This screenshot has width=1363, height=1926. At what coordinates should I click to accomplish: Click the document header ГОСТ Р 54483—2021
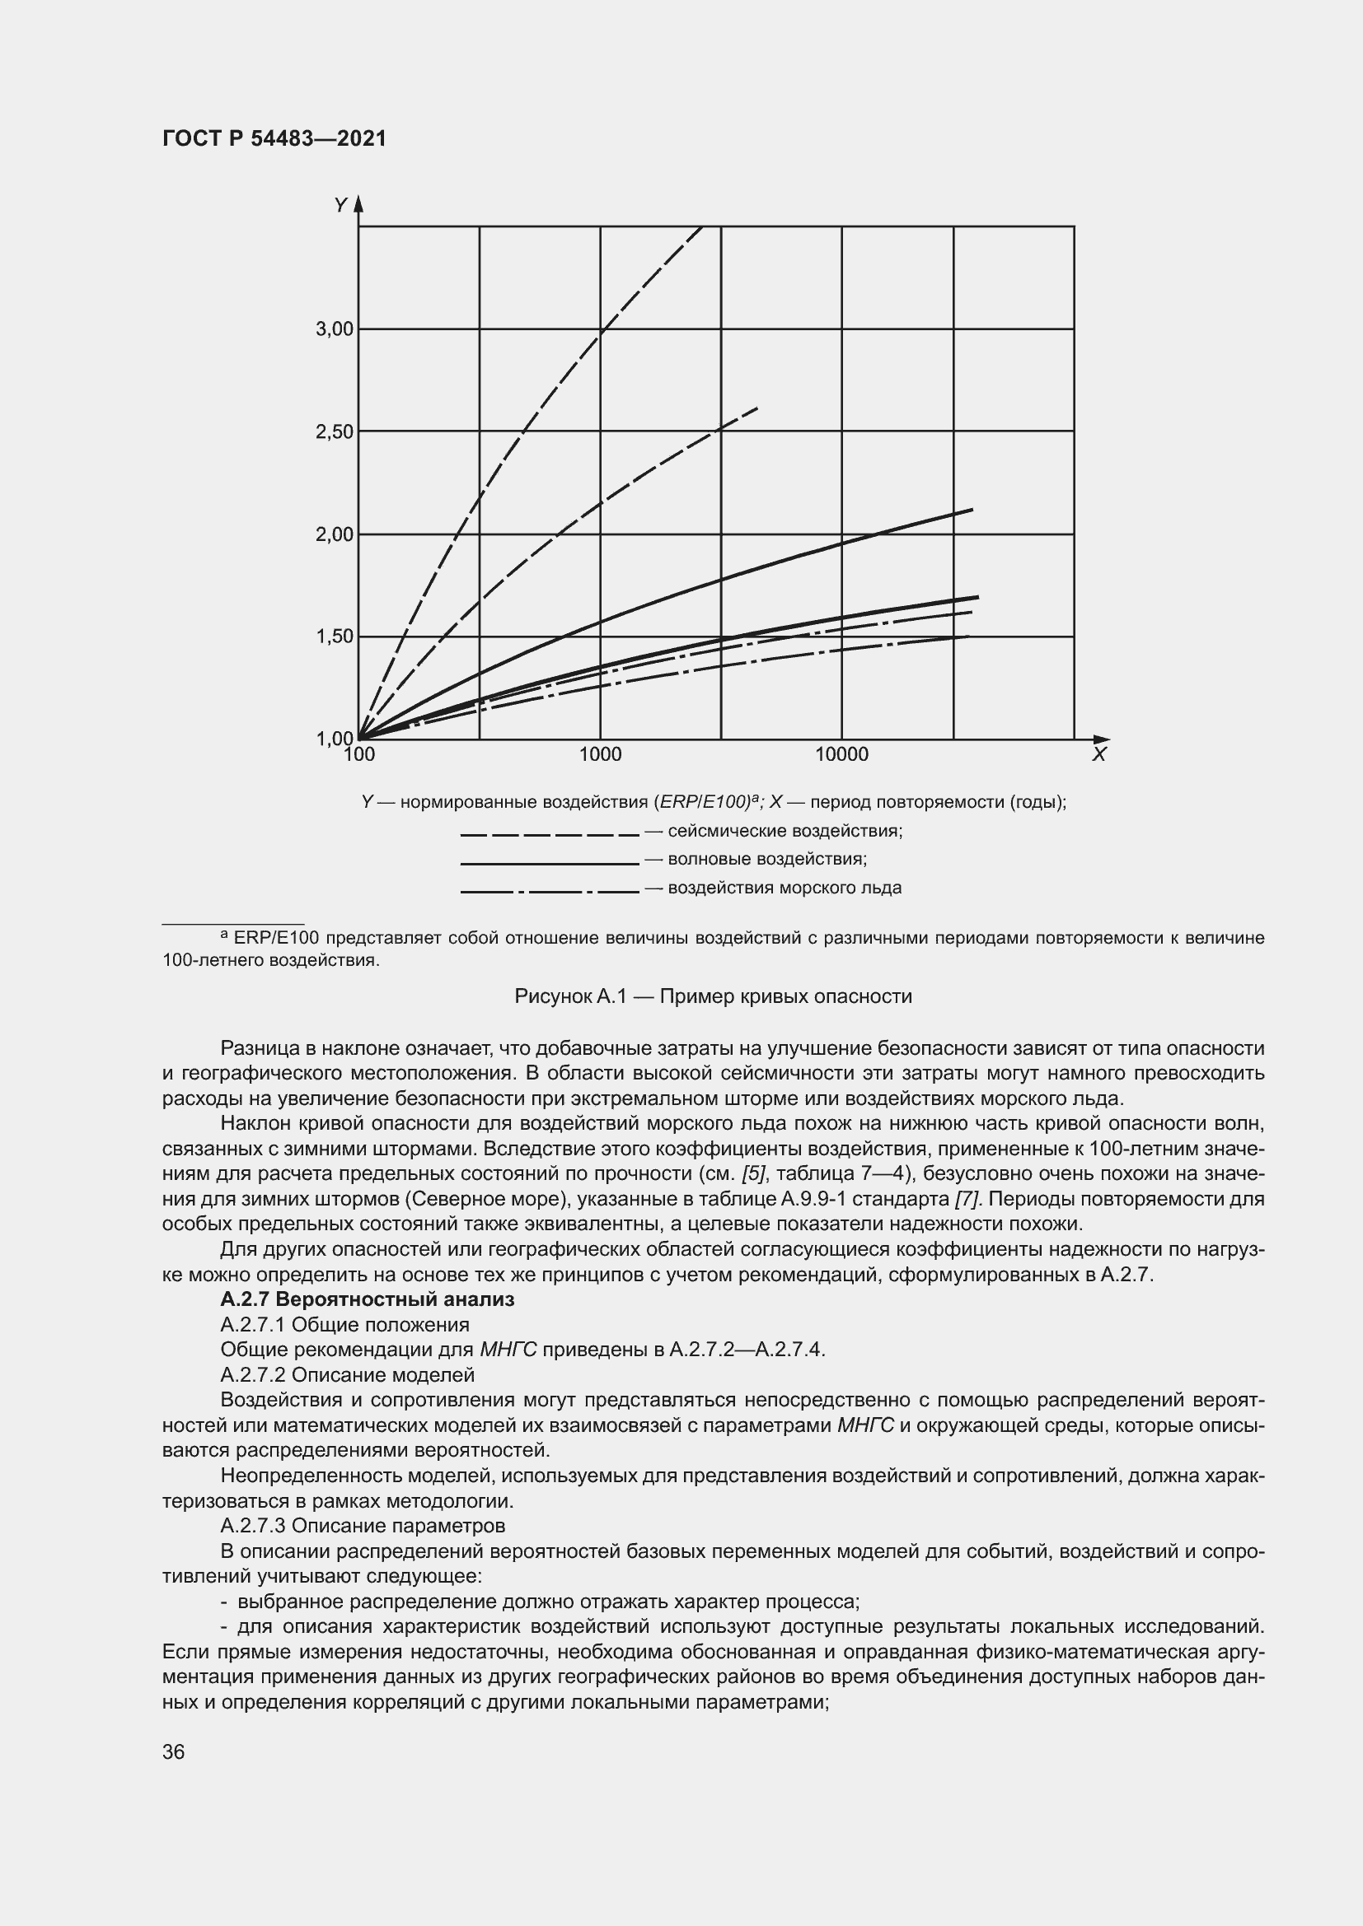(274, 138)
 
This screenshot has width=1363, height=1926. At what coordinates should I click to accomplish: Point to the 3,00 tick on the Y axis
(334, 329)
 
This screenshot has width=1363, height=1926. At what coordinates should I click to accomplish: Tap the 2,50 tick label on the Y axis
(334, 432)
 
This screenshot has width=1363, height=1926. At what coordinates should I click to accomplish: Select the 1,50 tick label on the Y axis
(334, 637)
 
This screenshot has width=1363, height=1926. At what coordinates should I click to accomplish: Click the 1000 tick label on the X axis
(600, 755)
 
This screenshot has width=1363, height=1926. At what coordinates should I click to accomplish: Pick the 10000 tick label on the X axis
(842, 755)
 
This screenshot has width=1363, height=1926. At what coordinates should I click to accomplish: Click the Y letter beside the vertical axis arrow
(340, 206)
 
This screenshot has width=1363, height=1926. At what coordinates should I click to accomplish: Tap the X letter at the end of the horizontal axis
(1098, 755)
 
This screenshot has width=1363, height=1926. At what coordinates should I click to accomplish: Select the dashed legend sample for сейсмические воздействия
(550, 836)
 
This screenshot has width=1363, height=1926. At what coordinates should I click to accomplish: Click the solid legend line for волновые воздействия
(550, 863)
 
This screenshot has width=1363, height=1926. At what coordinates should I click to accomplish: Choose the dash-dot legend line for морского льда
(550, 892)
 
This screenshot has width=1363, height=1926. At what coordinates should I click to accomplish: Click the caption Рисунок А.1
(713, 996)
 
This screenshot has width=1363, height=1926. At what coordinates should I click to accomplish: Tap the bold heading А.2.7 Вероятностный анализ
(367, 1299)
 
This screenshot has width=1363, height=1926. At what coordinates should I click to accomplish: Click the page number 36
(174, 1751)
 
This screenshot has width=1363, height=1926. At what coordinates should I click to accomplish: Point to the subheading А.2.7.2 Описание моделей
(347, 1375)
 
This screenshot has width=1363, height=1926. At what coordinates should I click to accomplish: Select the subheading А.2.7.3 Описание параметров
(363, 1525)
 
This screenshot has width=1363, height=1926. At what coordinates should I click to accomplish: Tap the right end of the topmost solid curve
(972, 509)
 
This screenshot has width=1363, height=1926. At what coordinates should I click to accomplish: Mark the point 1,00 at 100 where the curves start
(359, 739)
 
